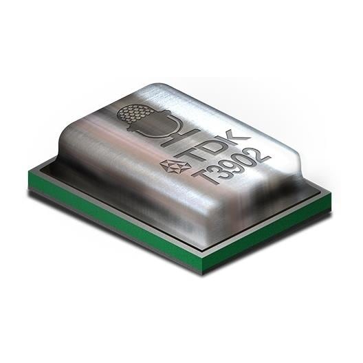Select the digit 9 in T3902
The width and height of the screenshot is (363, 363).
pos(223,166)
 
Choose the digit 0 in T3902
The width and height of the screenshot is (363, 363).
pos(235,161)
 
